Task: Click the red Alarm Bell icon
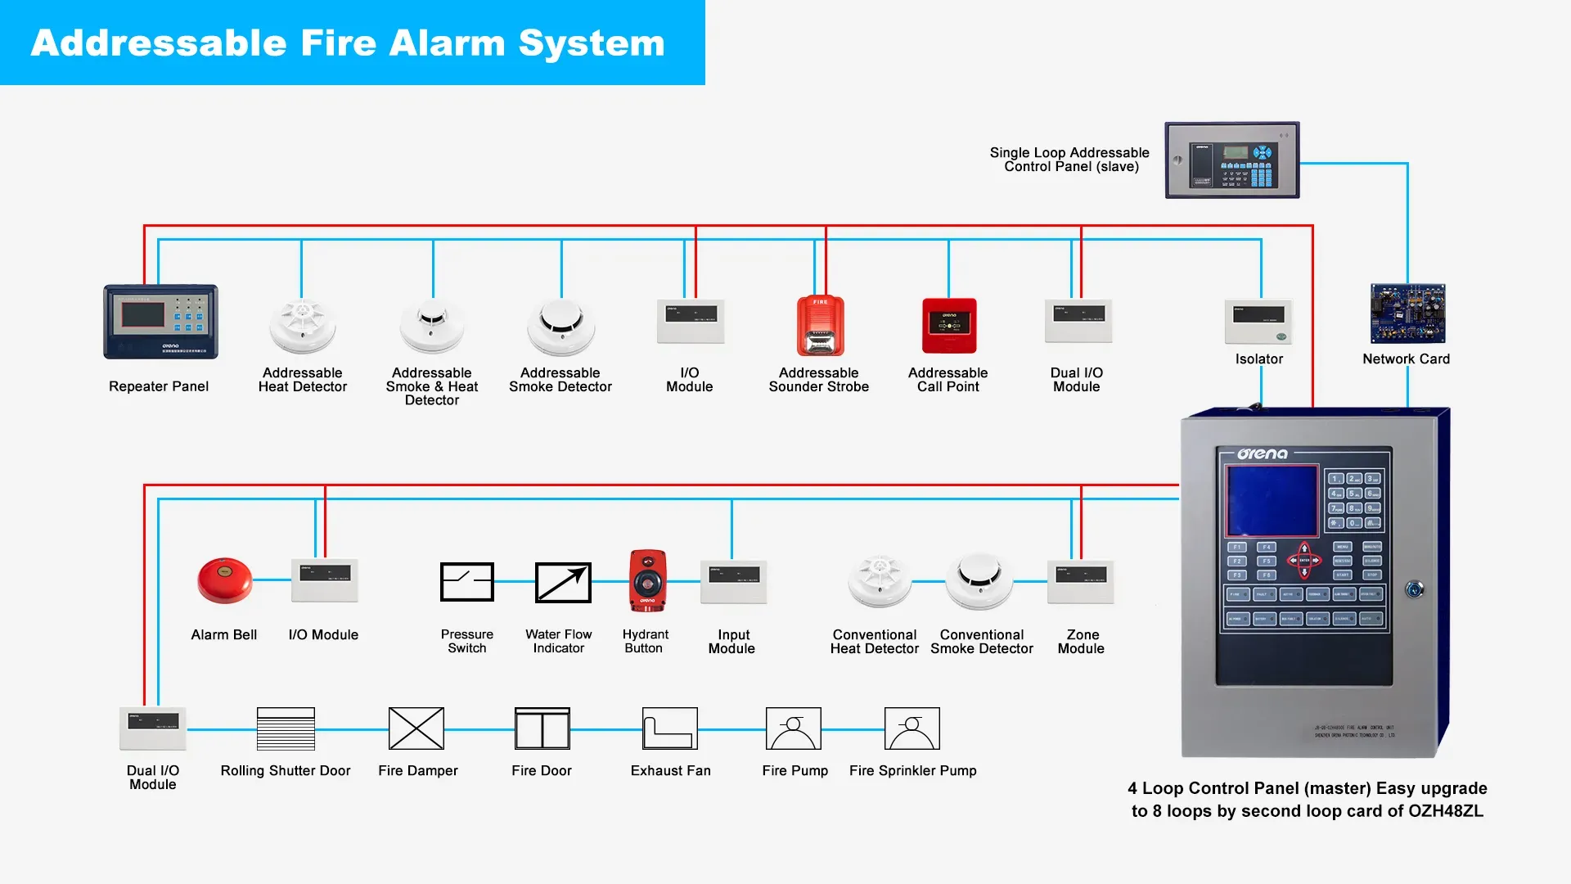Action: pyautogui.click(x=224, y=580)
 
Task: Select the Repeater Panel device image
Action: pyautogui.click(x=160, y=322)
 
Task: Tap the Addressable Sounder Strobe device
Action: pyautogui.click(x=820, y=326)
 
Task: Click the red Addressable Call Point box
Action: pyautogui.click(x=949, y=326)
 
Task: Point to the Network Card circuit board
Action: pyautogui.click(x=1407, y=313)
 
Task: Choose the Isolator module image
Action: pyautogui.click(x=1258, y=322)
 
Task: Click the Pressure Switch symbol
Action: pyautogui.click(x=466, y=582)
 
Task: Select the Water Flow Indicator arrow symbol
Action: pyautogui.click(x=563, y=582)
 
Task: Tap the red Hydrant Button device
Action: pyautogui.click(x=647, y=580)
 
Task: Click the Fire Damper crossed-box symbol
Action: pyautogui.click(x=416, y=728)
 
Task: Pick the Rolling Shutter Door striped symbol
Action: pyautogui.click(x=286, y=728)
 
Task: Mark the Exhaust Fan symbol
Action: pyautogui.click(x=670, y=728)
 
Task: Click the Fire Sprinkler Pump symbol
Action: pyautogui.click(x=912, y=728)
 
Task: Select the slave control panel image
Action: pyautogui.click(x=1232, y=160)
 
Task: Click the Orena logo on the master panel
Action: pyautogui.click(x=1262, y=453)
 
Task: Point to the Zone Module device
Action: pyautogui.click(x=1080, y=581)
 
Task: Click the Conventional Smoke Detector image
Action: pyautogui.click(x=979, y=580)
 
